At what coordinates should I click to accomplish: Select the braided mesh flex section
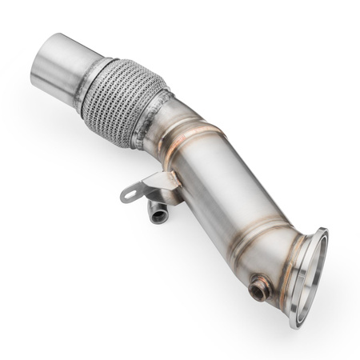[x=124, y=100]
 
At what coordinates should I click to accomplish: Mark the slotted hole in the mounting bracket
[x=130, y=194]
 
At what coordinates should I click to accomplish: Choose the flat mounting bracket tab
[x=144, y=188]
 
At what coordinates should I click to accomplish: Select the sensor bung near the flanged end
[x=258, y=288]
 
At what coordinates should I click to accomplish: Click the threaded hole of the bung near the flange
[x=257, y=291]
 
